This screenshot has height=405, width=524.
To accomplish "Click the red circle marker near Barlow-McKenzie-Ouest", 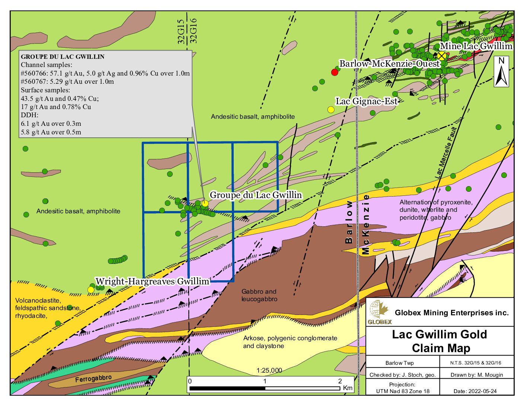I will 335,72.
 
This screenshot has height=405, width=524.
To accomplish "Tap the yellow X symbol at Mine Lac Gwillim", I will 442,56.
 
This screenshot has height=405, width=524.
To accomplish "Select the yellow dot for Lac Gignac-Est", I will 330,109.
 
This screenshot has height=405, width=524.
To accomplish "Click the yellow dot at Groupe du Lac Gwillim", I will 205,203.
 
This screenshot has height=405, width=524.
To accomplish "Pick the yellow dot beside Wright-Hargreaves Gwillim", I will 90,290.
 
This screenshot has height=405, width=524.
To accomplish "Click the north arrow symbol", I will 501,72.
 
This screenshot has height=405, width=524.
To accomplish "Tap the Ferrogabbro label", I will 93,379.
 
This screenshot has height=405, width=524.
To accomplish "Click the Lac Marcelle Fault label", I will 445,153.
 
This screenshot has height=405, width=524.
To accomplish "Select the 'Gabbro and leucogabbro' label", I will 259,295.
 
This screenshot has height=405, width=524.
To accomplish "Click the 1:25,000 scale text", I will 269,370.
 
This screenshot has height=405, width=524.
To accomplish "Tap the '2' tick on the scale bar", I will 340,381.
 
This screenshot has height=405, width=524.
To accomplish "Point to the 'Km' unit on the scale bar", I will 348,388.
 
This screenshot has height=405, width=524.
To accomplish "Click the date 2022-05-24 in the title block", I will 475,391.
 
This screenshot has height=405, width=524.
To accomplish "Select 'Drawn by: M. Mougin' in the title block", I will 476,375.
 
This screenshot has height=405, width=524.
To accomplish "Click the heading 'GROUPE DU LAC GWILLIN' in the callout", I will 63,57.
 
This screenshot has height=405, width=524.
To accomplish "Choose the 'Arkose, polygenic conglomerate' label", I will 290,338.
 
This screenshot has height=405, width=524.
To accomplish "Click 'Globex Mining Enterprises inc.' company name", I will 451,313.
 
